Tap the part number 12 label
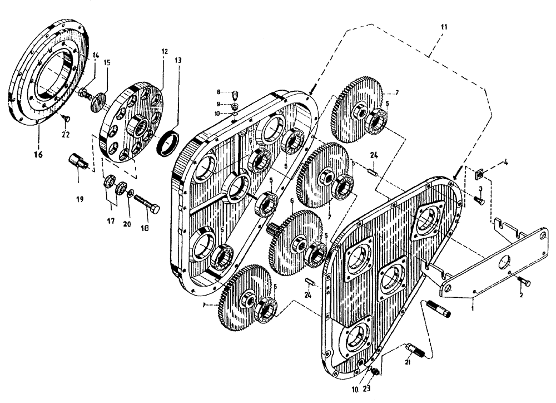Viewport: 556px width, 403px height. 164,51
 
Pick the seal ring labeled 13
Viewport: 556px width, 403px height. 168,143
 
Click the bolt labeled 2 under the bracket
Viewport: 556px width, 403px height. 523,282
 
